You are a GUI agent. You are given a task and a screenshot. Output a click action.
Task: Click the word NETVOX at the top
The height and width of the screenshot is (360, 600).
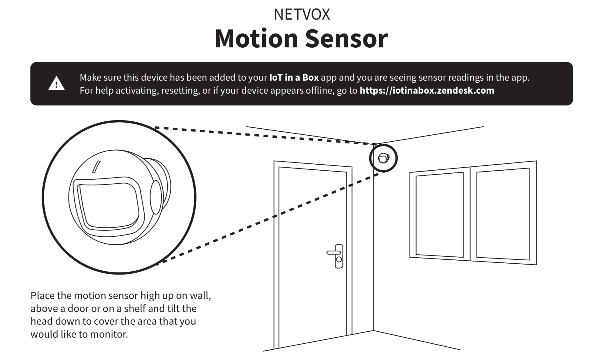(x=302, y=14)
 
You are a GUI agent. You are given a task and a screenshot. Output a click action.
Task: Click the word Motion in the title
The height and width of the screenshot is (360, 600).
(x=256, y=39)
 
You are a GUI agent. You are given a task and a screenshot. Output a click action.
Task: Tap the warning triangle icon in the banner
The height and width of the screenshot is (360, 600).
(x=56, y=84)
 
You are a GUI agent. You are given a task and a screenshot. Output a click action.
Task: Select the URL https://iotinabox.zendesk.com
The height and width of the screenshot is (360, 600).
(x=427, y=90)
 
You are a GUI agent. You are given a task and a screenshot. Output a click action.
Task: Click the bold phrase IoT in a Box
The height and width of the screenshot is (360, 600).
(x=294, y=78)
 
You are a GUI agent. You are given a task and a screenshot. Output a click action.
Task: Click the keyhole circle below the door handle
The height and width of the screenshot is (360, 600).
(x=339, y=259)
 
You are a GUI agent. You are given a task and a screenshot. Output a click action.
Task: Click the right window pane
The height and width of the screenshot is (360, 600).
(x=503, y=214)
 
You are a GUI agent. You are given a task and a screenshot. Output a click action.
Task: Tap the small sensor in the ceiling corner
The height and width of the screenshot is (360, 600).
(x=383, y=158)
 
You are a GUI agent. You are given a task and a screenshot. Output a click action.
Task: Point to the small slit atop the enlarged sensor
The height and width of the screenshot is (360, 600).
(x=96, y=167)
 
